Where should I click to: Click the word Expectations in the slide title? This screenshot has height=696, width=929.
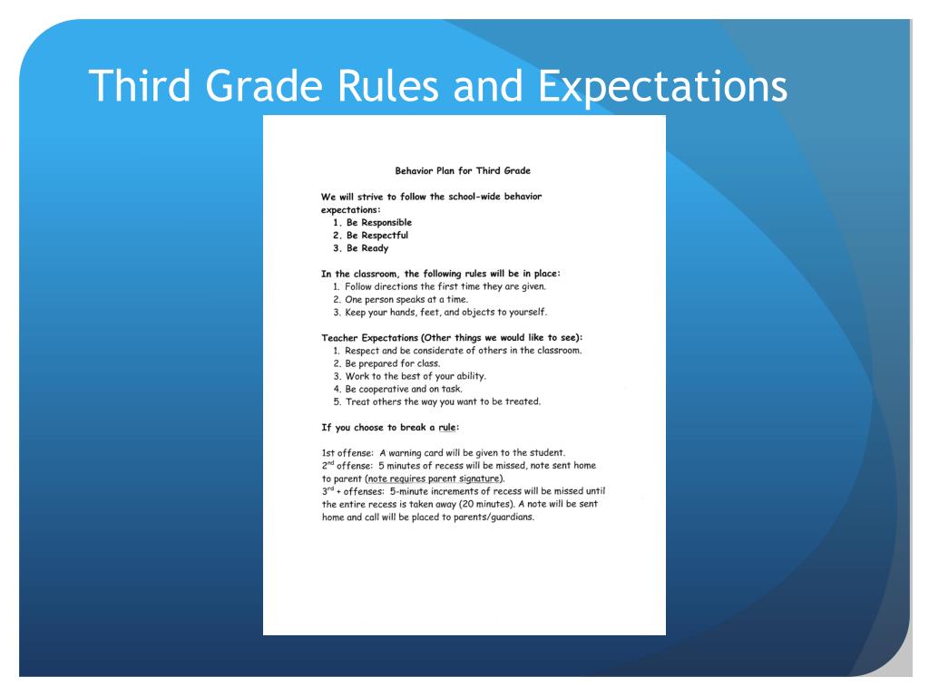coord(661,86)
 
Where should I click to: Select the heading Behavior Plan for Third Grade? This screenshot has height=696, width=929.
coord(463,170)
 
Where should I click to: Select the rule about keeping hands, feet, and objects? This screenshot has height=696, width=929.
coord(439,313)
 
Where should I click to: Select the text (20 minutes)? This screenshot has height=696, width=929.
coord(466,503)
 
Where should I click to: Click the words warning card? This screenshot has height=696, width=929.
coord(421,452)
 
